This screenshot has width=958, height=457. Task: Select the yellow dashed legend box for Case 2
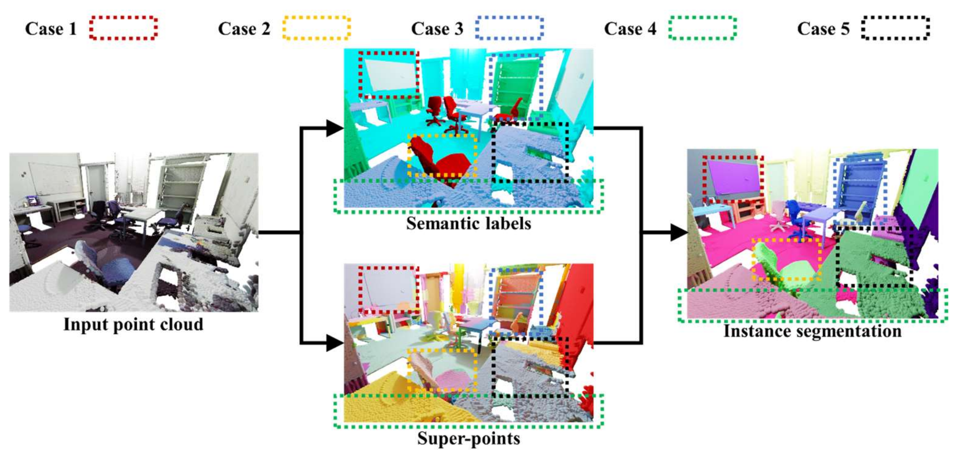[316, 28]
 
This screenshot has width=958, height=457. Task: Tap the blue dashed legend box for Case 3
[509, 28]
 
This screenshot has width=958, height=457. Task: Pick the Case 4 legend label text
[630, 29]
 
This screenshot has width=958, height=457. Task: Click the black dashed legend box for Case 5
[895, 28]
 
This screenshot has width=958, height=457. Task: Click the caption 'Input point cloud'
[133, 324]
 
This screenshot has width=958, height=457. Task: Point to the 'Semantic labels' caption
[468, 224]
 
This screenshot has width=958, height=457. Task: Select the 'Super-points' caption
[468, 438]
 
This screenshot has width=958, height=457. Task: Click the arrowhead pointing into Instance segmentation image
[679, 232]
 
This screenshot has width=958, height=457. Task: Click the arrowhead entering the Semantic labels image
[334, 128]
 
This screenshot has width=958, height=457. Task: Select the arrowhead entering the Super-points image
[334, 342]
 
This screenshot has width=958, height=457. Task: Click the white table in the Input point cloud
[143, 215]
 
